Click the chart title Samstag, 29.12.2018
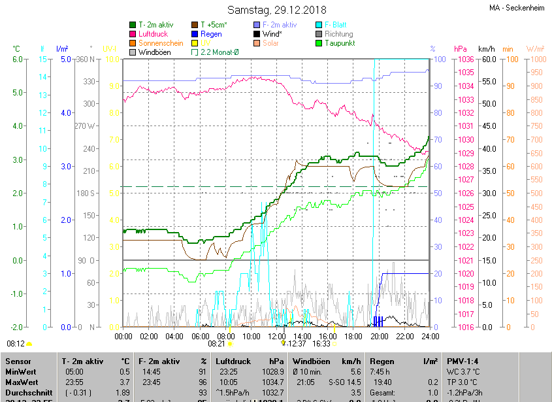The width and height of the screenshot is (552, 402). tap(276, 10)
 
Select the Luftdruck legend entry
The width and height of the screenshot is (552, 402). tap(154, 34)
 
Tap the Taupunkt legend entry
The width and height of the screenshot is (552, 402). tap(340, 43)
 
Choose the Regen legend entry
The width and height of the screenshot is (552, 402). tap(211, 34)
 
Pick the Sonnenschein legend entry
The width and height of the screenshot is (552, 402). tap(161, 43)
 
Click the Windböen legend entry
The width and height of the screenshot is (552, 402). tap(154, 52)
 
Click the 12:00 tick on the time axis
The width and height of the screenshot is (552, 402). tap(277, 336)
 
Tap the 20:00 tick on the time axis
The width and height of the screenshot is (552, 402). tap(379, 336)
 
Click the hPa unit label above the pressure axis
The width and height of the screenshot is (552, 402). tap(461, 49)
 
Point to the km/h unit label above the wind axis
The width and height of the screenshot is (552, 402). tap(487, 49)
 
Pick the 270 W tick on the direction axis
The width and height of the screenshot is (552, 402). tap(85, 126)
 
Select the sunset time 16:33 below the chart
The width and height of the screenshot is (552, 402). tap(321, 343)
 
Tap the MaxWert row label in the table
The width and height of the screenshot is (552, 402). tap(21, 382)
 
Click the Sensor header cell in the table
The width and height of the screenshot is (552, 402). tap(18, 361)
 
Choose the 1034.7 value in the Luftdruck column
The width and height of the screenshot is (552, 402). tap(272, 382)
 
